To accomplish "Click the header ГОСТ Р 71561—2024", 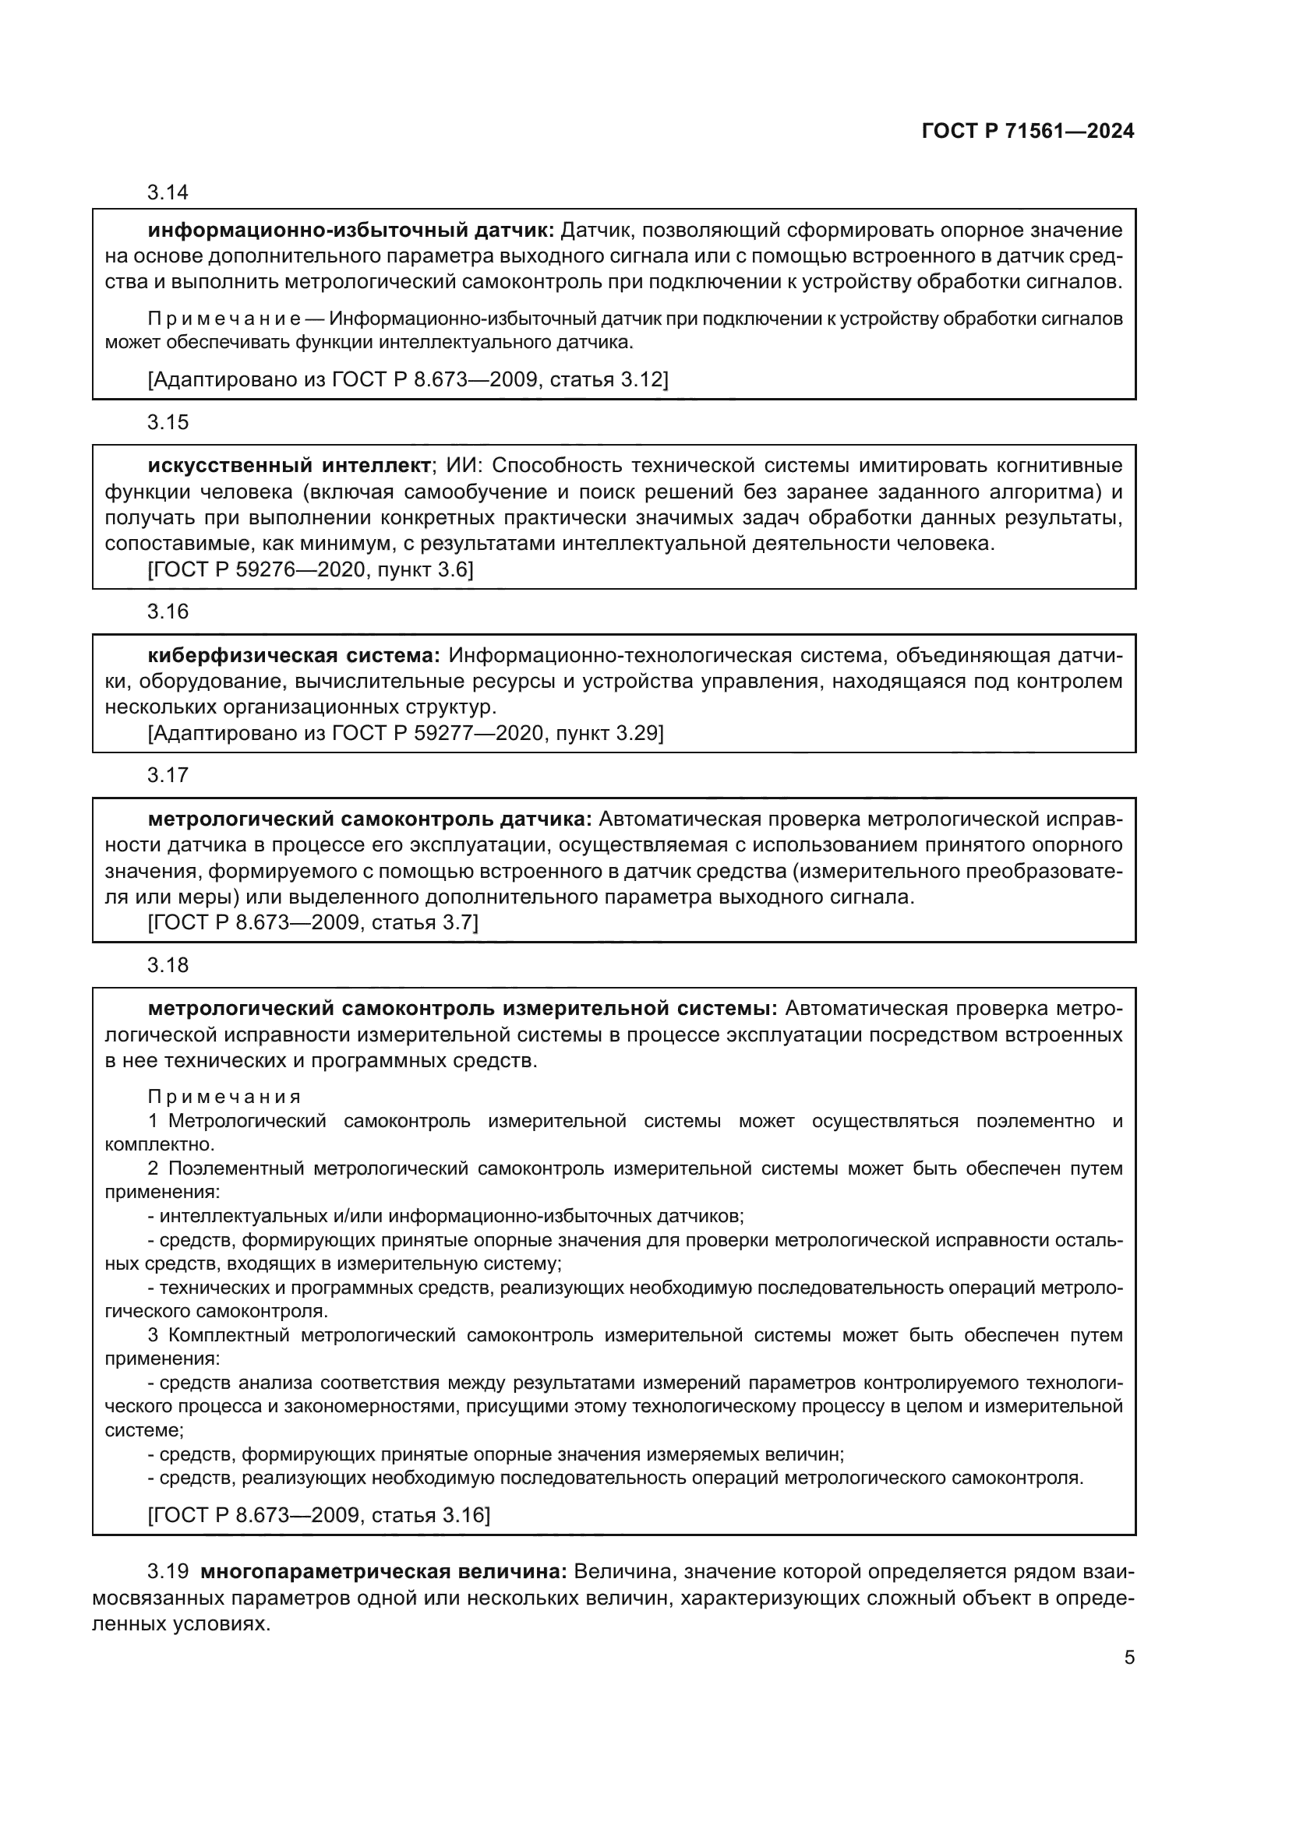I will coord(1028,132).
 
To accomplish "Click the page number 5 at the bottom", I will coord(1128,1657).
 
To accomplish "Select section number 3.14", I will coord(168,193).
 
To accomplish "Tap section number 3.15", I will coord(168,422).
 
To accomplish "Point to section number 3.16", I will coord(168,611).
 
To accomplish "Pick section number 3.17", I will coord(168,775).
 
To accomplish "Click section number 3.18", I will coord(168,965).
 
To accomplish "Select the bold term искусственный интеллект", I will coord(289,466).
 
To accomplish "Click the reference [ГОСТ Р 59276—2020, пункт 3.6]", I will coord(310,569).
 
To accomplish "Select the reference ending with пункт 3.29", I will coord(404,733).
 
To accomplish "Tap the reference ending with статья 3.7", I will coord(313,922).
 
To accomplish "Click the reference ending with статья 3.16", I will coord(319,1515).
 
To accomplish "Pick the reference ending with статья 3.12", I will coord(408,380).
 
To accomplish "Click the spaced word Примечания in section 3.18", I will coord(224,1098).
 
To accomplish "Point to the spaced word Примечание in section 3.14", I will coord(224,320).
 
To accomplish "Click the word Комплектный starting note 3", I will coord(228,1336).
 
